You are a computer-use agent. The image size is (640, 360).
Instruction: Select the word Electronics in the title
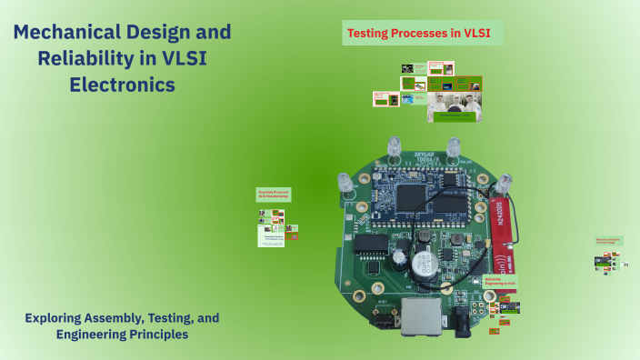click(x=122, y=85)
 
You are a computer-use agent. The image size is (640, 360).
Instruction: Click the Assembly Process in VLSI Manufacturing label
click(x=273, y=195)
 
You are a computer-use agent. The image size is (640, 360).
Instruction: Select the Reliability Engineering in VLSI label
click(x=499, y=283)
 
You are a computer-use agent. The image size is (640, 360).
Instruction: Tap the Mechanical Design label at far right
click(x=608, y=241)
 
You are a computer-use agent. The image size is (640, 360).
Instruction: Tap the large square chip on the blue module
click(x=415, y=193)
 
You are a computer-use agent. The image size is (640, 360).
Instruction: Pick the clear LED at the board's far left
click(x=346, y=183)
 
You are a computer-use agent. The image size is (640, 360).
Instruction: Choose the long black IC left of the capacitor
click(x=369, y=245)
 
